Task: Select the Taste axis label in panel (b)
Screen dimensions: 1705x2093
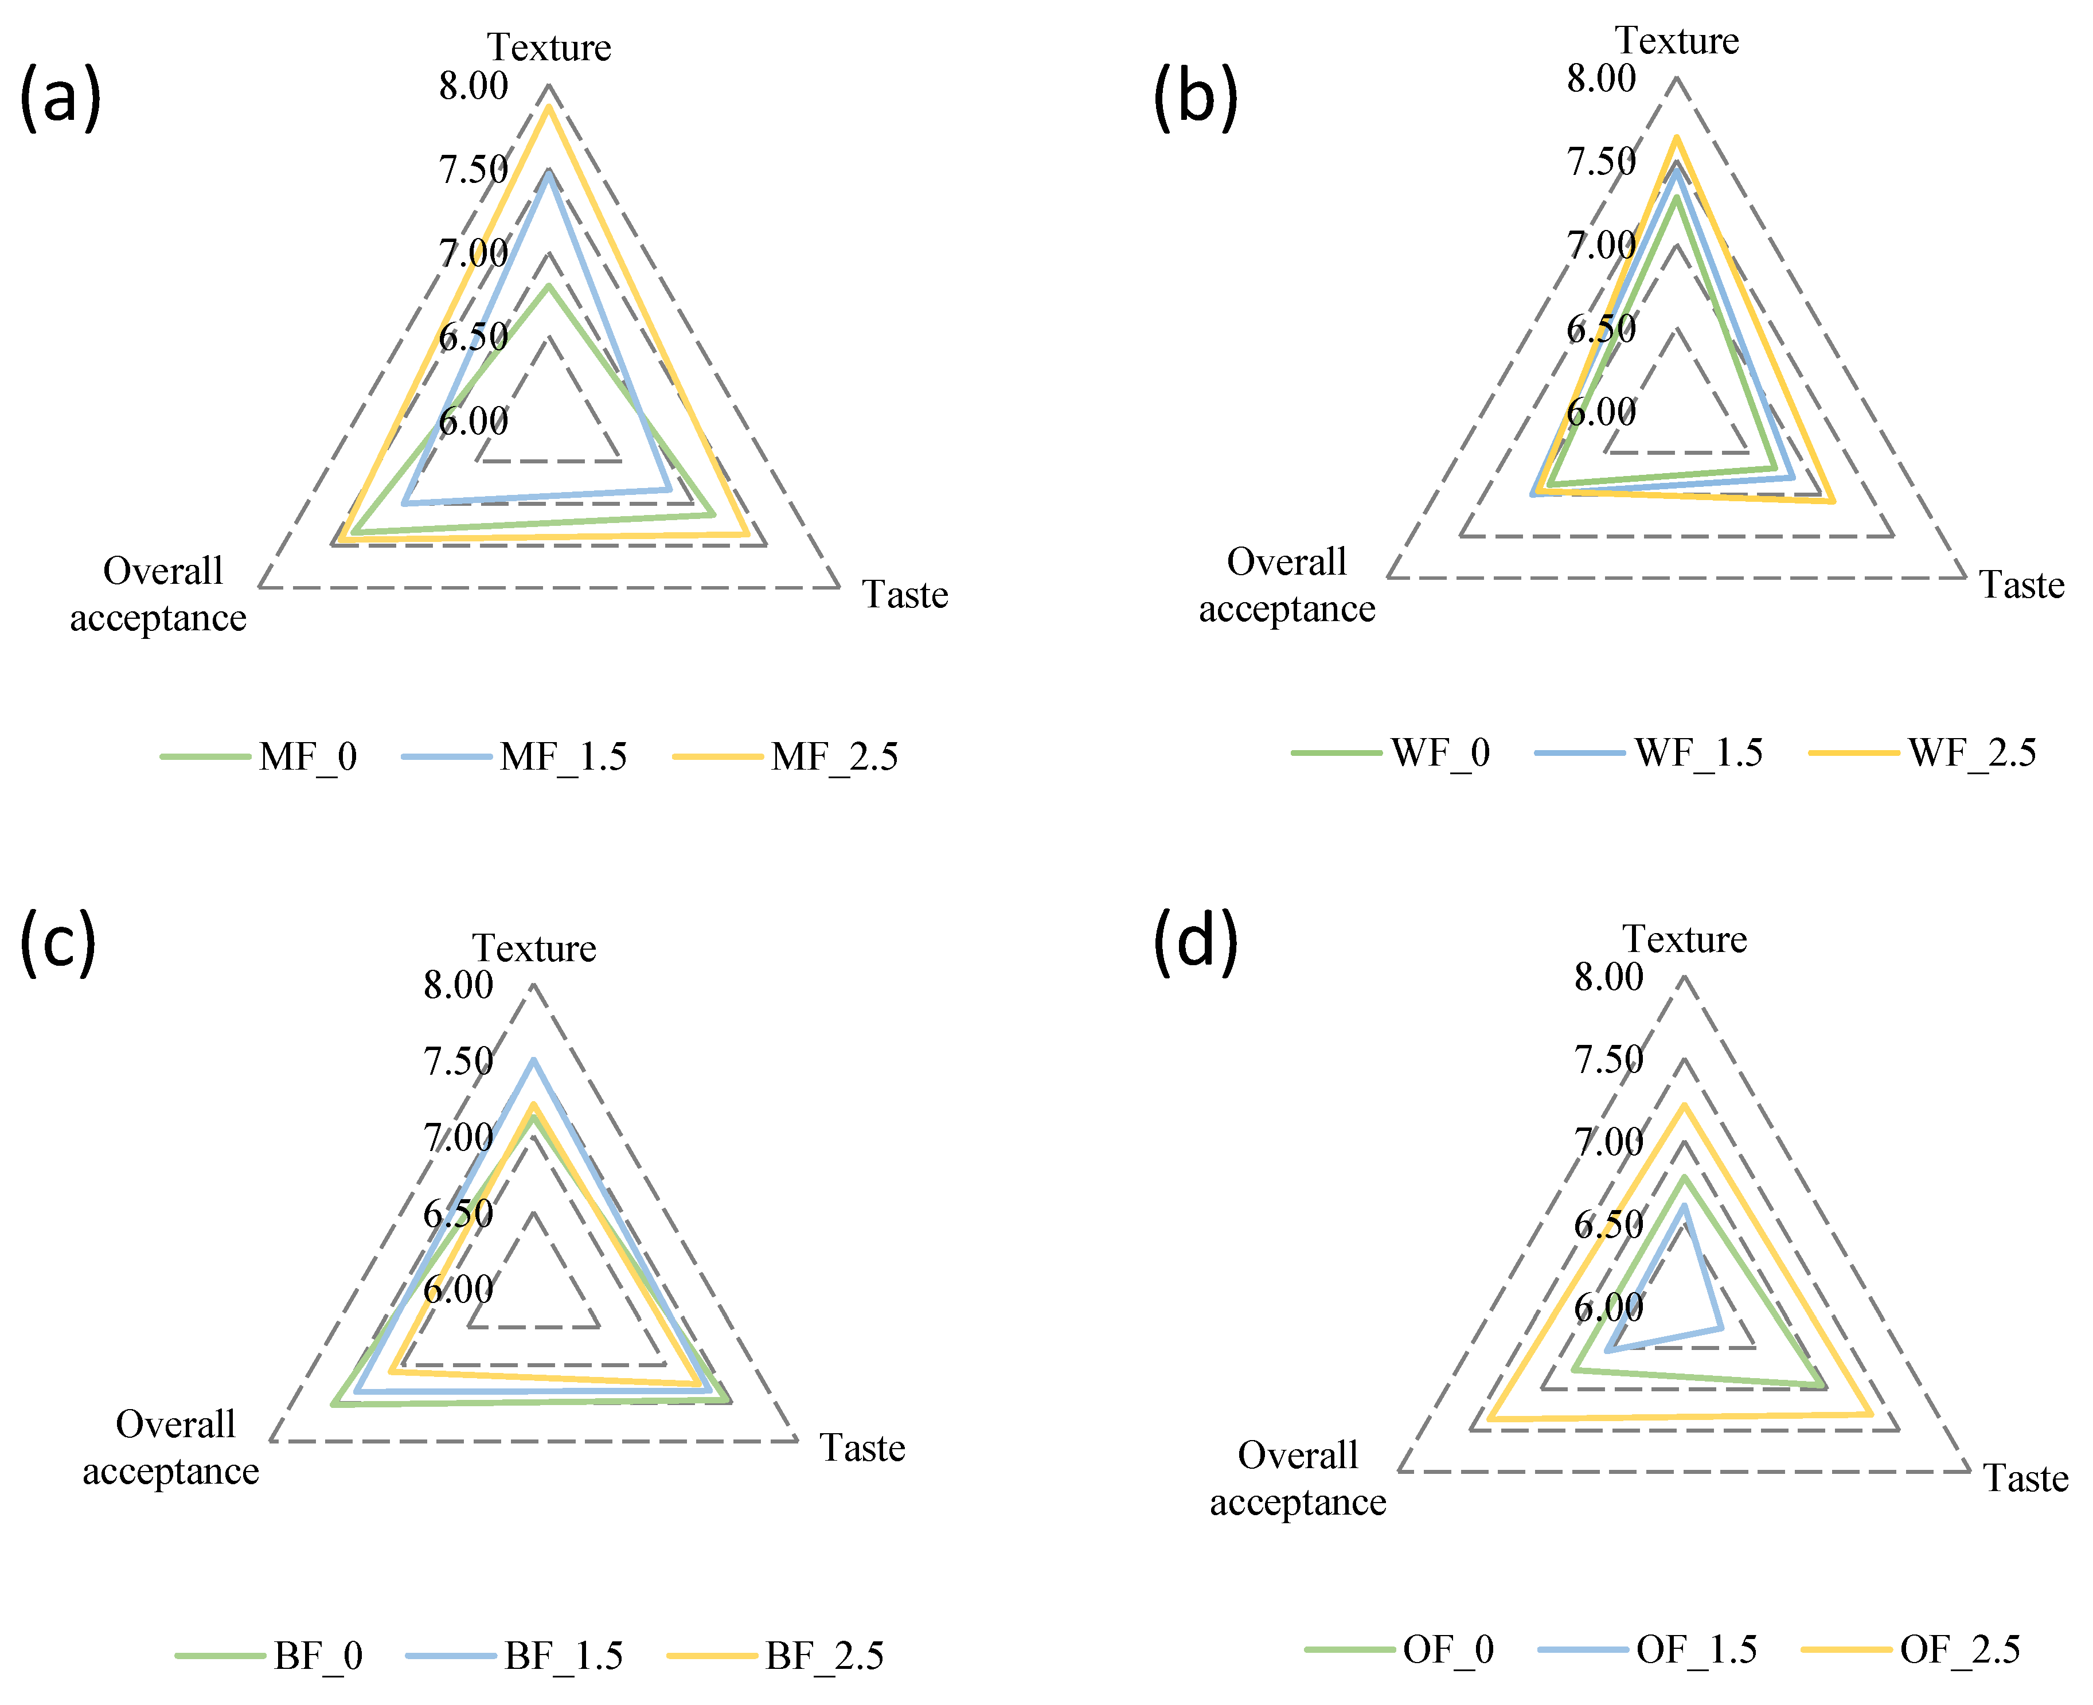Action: coord(2021,586)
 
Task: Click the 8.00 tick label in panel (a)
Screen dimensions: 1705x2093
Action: coord(474,87)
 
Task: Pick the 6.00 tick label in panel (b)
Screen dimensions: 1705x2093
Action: coord(1601,412)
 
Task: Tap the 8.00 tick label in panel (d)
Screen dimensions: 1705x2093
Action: coord(1609,977)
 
